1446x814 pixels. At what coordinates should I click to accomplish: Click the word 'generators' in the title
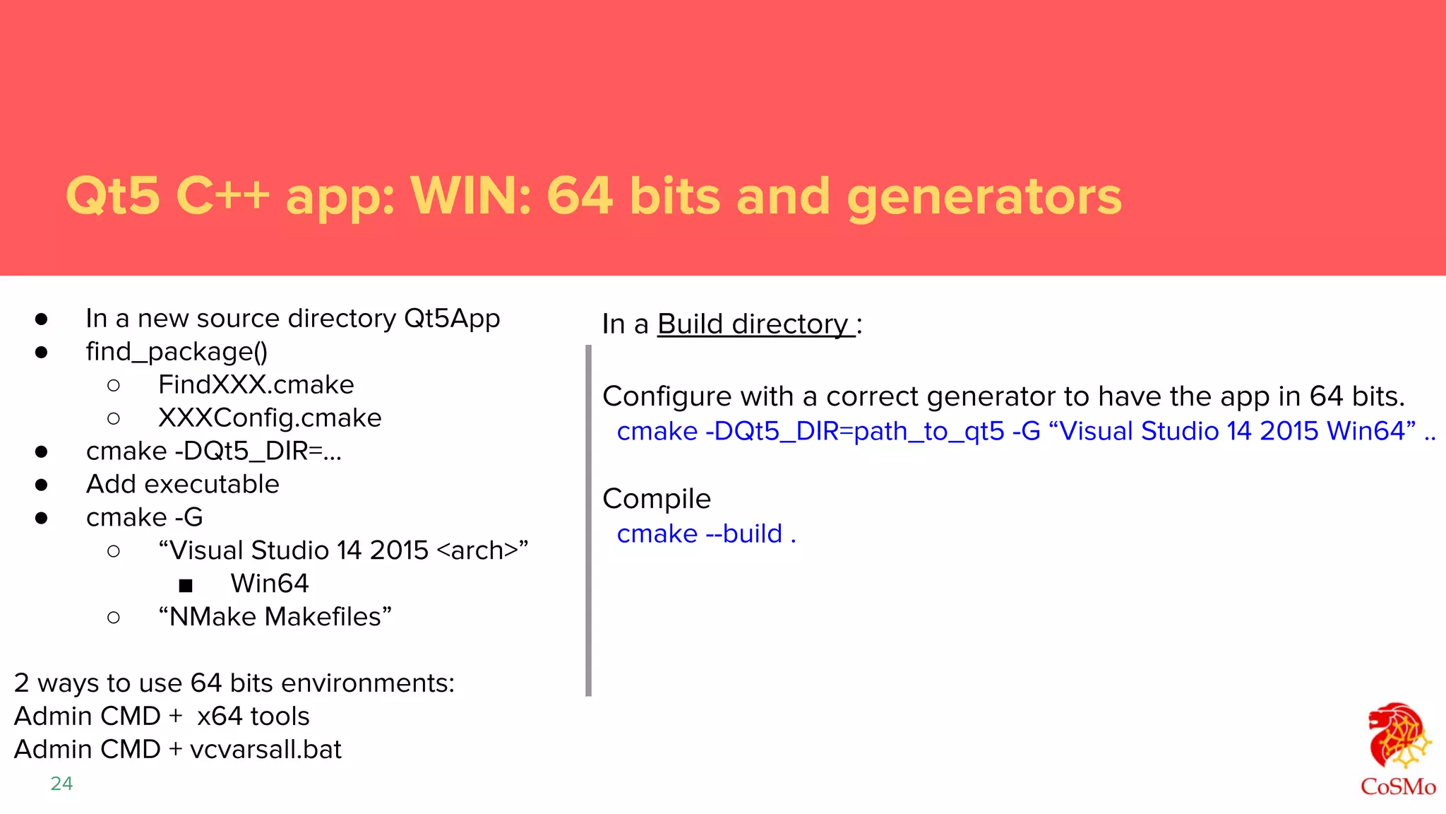[984, 196]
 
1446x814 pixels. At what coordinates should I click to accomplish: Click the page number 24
[61, 784]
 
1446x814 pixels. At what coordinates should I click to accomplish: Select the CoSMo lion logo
[1398, 738]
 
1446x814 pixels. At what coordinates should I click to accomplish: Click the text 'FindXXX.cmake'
[256, 385]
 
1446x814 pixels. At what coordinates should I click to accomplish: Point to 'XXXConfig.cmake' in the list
[270, 418]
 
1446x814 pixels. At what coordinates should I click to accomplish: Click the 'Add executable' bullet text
[182, 485]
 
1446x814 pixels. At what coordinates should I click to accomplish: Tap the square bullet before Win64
[186, 585]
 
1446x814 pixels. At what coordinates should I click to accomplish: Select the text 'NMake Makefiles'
[275, 617]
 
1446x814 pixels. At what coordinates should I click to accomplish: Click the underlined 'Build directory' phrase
[754, 324]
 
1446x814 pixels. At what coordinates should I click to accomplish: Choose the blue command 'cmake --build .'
[706, 534]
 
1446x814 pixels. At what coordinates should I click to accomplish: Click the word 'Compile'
[656, 499]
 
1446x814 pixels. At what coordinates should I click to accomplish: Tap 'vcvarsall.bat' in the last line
[265, 750]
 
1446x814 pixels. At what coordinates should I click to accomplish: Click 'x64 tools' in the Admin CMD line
[253, 716]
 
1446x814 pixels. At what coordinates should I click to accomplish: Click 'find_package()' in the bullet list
[177, 352]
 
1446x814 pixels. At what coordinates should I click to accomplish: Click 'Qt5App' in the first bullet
[452, 319]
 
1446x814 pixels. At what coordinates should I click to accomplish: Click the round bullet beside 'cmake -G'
[41, 518]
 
